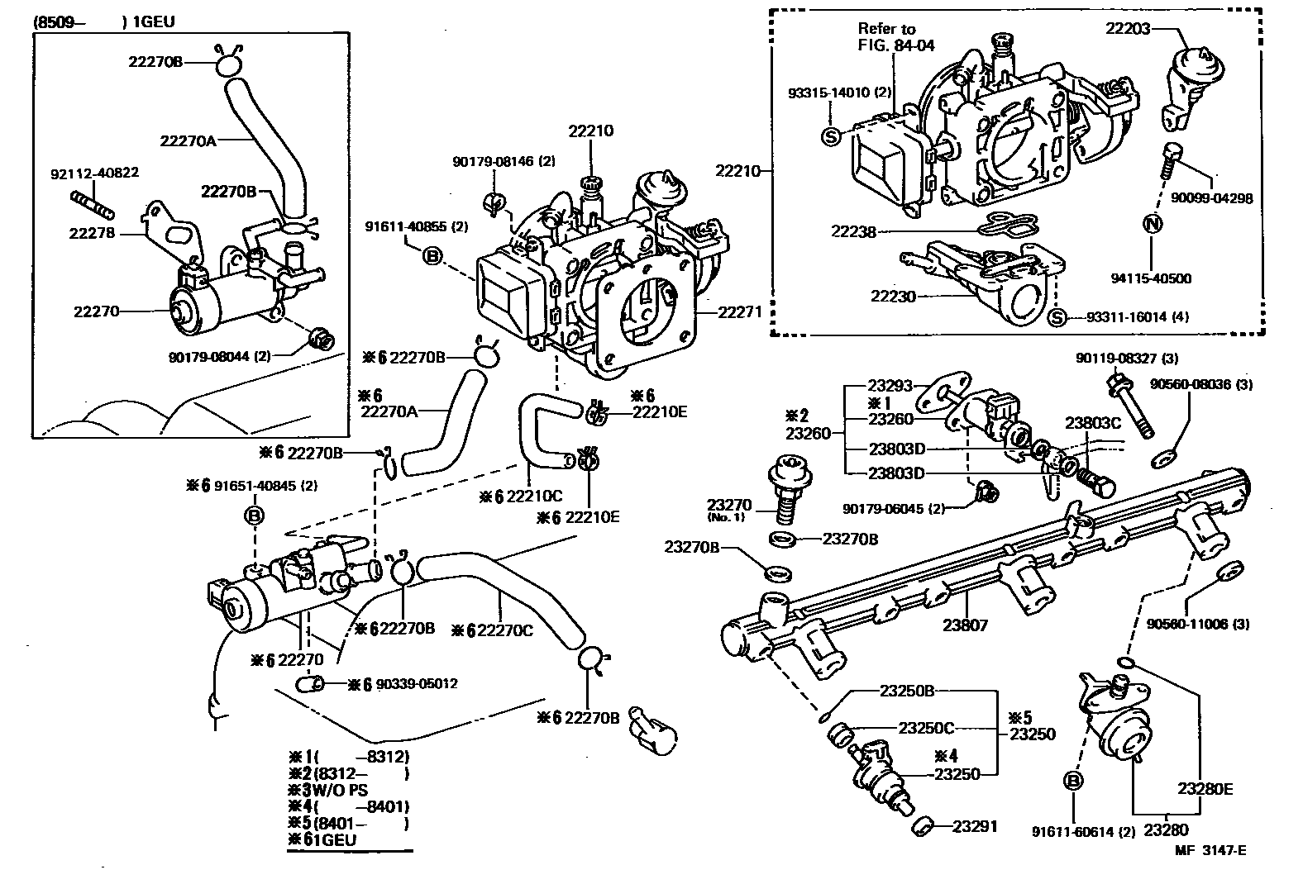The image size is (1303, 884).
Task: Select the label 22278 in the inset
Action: coord(90,234)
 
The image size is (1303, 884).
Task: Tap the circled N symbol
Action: coord(1152,222)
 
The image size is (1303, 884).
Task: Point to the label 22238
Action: coord(853,232)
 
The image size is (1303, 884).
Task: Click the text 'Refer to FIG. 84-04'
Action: coord(895,37)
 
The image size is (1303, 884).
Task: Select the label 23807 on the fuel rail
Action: coord(965,625)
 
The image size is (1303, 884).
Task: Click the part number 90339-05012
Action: coord(417,684)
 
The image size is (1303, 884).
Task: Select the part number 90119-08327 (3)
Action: coord(1126,359)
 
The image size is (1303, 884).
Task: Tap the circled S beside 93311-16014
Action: coord(1055,318)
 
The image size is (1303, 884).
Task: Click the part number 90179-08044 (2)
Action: coord(219,357)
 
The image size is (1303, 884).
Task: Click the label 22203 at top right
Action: coord(1128,29)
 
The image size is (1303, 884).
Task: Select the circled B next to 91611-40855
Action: coord(432,256)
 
